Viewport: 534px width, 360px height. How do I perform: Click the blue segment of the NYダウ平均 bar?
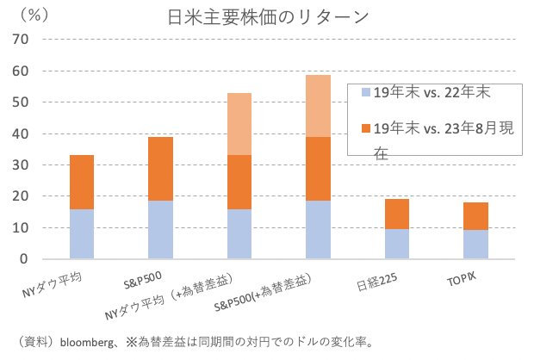pos(93,234)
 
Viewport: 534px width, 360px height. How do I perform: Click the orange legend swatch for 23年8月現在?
pos(367,128)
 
